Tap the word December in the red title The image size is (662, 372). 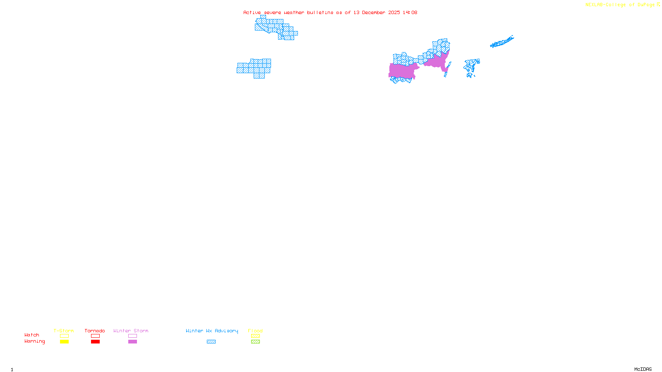(x=374, y=12)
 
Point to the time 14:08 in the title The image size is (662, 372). (x=410, y=12)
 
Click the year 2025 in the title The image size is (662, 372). (x=394, y=12)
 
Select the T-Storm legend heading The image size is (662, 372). (x=64, y=331)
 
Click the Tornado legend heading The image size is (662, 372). (x=95, y=331)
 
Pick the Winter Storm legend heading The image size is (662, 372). (x=131, y=331)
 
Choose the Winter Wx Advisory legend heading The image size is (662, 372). (x=212, y=331)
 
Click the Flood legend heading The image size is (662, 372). (x=255, y=331)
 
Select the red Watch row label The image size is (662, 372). (x=32, y=335)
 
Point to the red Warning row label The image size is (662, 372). (x=35, y=341)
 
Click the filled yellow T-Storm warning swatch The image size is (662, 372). (x=64, y=342)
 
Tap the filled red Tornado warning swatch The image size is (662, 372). (x=95, y=342)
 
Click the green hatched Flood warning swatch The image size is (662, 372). (x=255, y=342)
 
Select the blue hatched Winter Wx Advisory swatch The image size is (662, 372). (x=211, y=342)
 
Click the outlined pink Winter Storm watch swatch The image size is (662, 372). (x=132, y=336)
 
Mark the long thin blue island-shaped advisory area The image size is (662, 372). (x=502, y=42)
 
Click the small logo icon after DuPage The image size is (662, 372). (x=658, y=5)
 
